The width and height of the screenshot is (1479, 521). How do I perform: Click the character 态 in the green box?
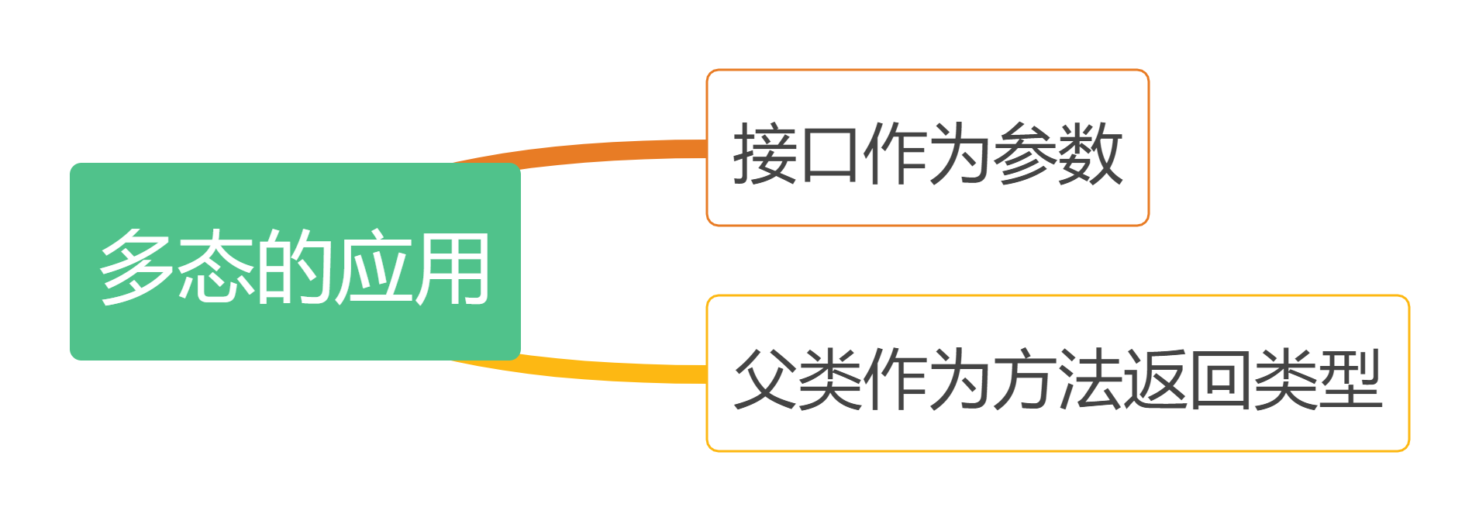pos(216,267)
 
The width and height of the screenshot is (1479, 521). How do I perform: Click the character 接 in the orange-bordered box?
pos(766,153)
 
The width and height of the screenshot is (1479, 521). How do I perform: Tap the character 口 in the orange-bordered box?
pos(830,153)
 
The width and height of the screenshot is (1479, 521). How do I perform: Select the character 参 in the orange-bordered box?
pos(1026,153)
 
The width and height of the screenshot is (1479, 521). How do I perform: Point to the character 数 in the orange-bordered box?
pos(1091,153)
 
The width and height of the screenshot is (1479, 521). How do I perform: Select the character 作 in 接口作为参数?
pos(895,153)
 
